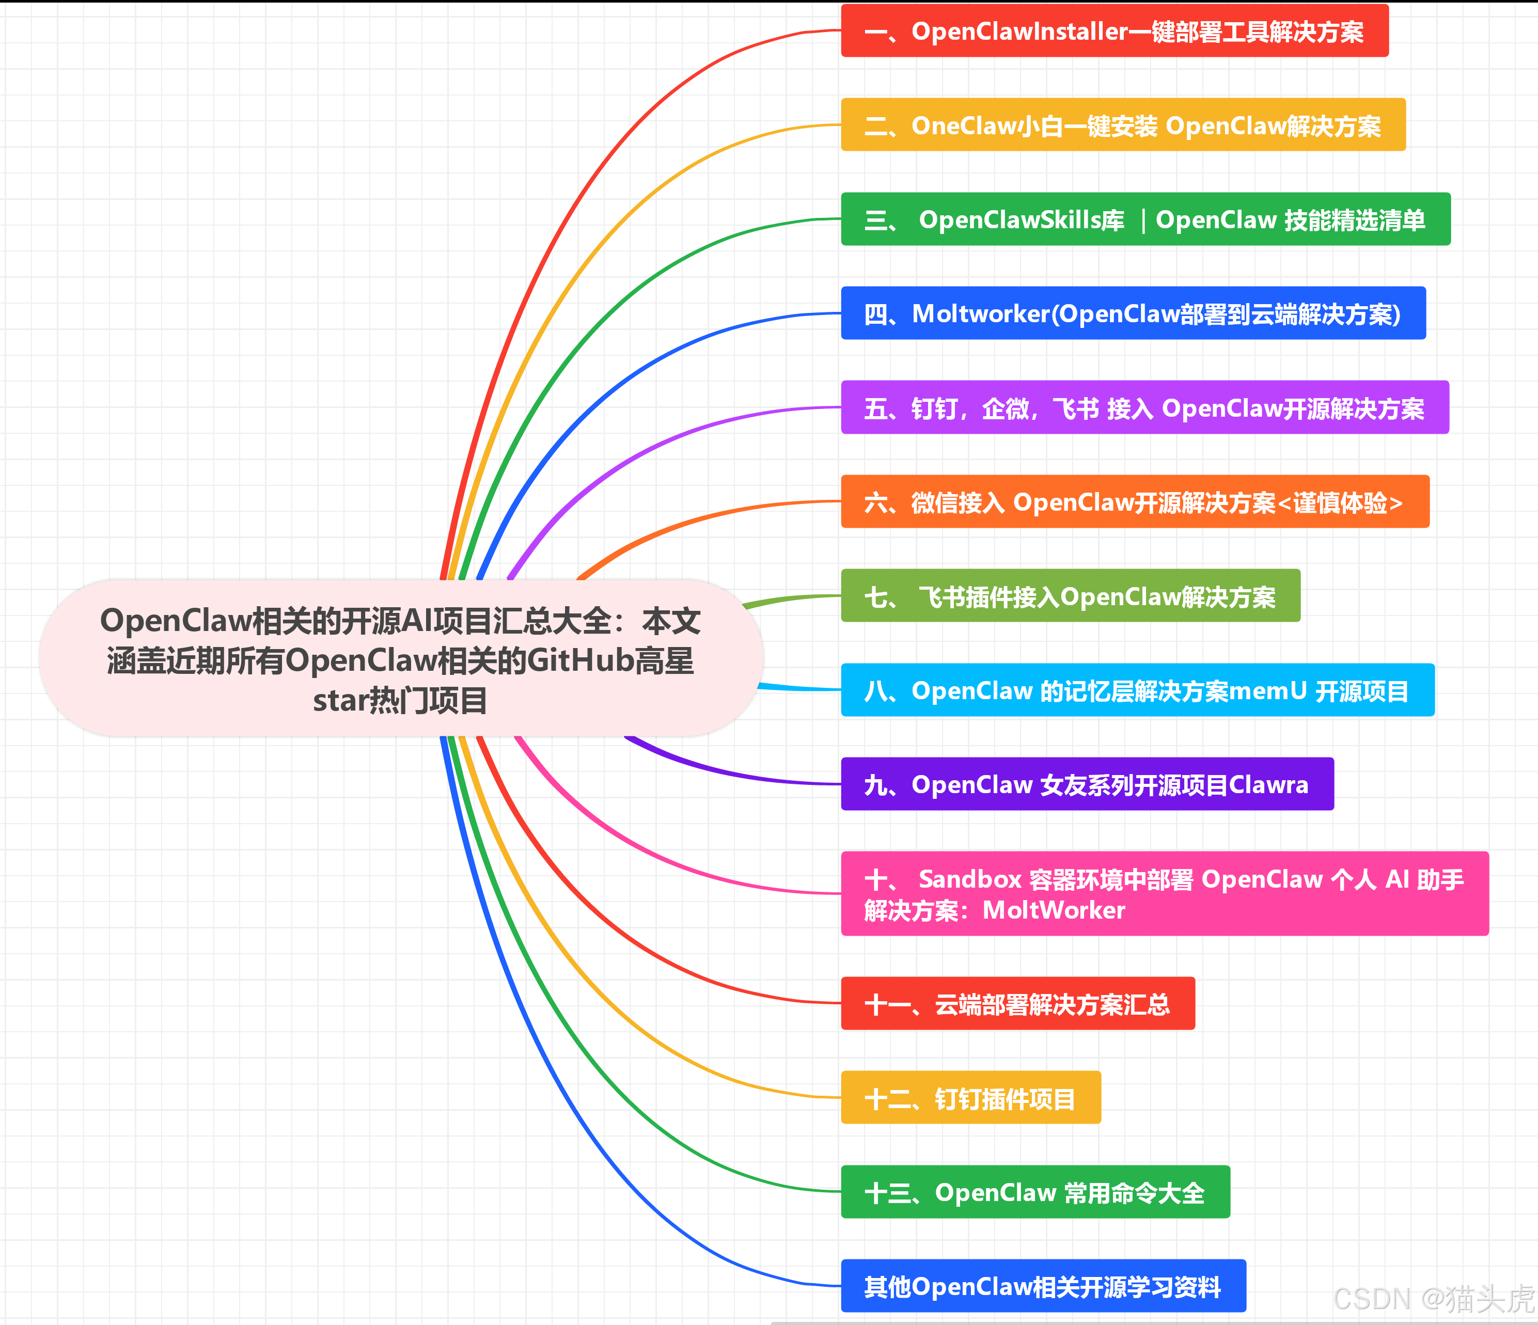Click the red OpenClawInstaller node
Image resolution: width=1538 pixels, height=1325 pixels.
tap(1113, 31)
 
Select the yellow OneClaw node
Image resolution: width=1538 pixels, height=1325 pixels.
tap(1122, 125)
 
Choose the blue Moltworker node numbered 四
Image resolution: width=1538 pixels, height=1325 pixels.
tap(1133, 313)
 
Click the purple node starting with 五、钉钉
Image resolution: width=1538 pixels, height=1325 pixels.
tap(1144, 407)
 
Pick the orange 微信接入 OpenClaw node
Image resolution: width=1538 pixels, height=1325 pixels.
tap(1134, 502)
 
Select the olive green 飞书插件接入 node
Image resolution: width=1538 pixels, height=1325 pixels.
tap(1070, 596)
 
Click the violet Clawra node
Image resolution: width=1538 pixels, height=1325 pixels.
tap(1087, 784)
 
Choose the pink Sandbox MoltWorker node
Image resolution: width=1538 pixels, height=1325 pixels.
tap(1164, 894)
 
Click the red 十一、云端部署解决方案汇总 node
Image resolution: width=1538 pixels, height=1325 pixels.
tap(1017, 1004)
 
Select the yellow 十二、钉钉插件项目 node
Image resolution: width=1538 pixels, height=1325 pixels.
tap(970, 1098)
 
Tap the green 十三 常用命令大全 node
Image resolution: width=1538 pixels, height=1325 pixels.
tap(1035, 1192)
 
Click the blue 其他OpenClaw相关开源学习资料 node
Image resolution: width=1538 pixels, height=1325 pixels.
tap(1043, 1286)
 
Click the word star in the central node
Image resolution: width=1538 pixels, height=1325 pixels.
tap(340, 701)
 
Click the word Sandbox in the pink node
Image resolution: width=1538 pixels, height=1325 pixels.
tap(970, 879)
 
